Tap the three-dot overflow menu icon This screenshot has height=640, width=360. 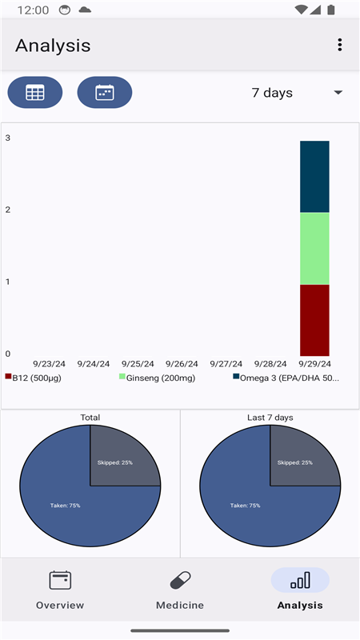tap(339, 45)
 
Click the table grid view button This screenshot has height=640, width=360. tap(35, 92)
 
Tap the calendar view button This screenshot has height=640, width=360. tap(105, 92)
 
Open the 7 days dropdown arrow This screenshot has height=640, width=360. tap(338, 93)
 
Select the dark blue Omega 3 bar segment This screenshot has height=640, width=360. tap(314, 177)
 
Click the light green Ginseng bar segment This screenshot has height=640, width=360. tap(314, 249)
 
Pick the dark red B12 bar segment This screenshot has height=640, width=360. tap(314, 321)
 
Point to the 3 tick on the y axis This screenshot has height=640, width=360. tap(8, 138)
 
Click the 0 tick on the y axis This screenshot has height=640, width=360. tap(8, 354)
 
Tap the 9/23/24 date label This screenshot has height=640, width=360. tap(49, 364)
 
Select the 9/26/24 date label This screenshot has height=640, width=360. tap(182, 364)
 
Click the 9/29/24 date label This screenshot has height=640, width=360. tap(314, 364)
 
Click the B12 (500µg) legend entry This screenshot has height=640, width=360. tap(33, 378)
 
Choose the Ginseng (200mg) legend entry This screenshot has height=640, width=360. tap(157, 378)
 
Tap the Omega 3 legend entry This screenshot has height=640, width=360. tap(286, 378)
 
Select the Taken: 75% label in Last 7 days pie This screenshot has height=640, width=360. tap(245, 506)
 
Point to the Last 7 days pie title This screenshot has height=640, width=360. tap(270, 418)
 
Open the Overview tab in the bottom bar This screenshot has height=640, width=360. tap(60, 590)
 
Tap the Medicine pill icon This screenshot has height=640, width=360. tap(180, 580)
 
